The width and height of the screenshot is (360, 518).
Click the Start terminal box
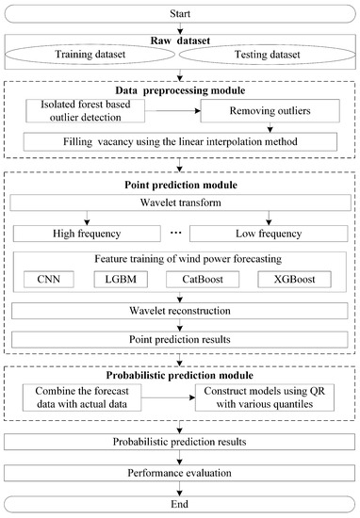coord(179,14)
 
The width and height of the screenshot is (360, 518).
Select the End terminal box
coord(179,504)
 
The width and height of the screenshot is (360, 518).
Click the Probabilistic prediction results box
coord(179,439)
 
